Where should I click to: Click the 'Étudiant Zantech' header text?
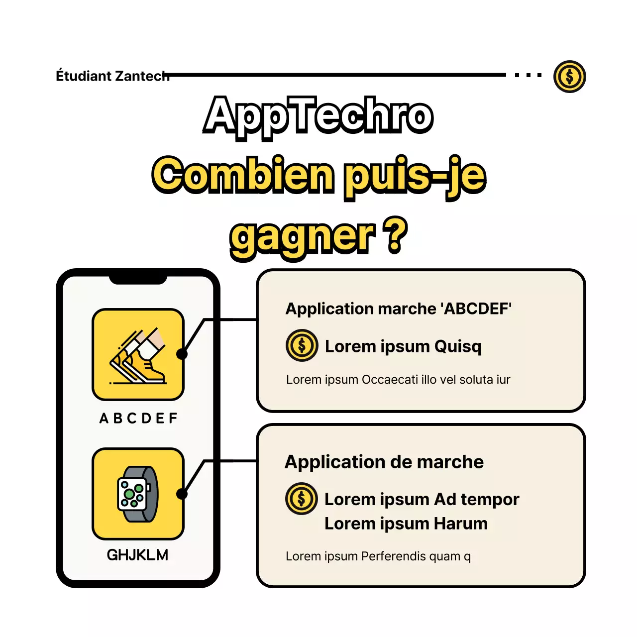112,75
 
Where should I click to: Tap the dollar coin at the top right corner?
569,77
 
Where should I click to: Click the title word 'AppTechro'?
318,117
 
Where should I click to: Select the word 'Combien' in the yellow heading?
243,175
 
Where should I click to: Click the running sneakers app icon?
138,354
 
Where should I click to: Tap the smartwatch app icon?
138,494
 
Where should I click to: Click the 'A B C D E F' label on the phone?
138,418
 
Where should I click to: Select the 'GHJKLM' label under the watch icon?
137,555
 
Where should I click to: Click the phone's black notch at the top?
138,280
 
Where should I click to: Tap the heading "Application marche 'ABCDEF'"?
398,309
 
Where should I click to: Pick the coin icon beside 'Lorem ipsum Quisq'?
302,345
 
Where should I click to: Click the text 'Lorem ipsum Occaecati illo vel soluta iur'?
398,380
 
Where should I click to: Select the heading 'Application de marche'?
384,462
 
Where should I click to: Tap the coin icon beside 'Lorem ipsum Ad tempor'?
302,499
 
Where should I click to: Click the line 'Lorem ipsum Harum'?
406,524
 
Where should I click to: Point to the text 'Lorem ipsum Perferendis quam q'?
378,556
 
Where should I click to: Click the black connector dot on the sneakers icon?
182,354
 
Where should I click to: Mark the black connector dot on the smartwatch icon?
182,494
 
